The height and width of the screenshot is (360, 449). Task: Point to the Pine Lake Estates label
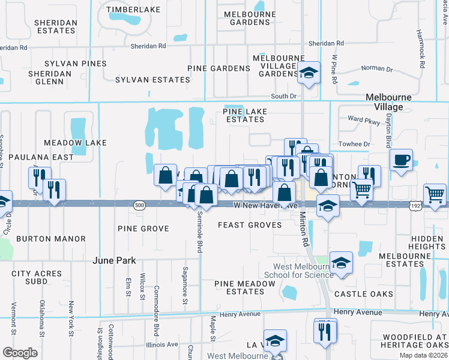tap(244, 115)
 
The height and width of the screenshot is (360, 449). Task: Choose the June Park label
tap(114, 260)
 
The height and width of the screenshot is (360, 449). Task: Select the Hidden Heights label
tap(428, 242)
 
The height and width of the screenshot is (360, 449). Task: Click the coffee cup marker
tap(401, 160)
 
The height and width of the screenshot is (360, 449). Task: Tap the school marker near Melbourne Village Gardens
tap(309, 73)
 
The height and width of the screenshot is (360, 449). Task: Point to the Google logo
tap(20, 352)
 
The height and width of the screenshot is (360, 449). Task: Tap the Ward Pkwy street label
tap(364, 119)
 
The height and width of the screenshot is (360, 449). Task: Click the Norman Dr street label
tap(376, 69)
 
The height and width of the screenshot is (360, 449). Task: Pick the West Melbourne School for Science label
tap(303, 271)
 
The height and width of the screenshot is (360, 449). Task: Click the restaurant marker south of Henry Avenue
tap(325, 329)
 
